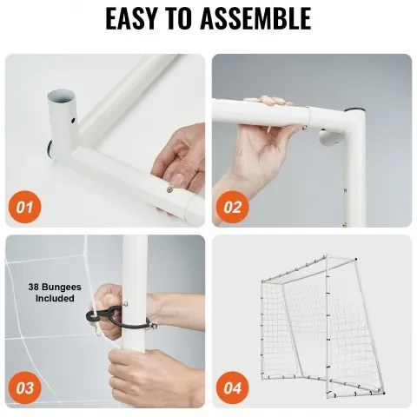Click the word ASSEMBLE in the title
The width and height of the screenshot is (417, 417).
(x=255, y=18)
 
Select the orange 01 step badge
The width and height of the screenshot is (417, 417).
(x=25, y=208)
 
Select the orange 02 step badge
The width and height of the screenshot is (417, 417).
(x=233, y=208)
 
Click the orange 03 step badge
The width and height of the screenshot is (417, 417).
(x=25, y=388)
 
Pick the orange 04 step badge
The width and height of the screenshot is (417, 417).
(x=233, y=388)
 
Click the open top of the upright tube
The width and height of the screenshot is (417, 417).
(x=62, y=96)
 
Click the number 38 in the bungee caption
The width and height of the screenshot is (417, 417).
(x=34, y=288)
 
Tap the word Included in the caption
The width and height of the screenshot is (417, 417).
(x=55, y=298)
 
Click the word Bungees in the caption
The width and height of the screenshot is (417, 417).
(x=62, y=288)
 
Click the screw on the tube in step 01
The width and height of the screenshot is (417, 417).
(x=169, y=189)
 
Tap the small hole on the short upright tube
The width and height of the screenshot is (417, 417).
(x=73, y=120)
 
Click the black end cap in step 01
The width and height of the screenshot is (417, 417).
(x=50, y=149)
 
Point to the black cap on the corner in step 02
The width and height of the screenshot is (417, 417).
(x=354, y=109)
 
